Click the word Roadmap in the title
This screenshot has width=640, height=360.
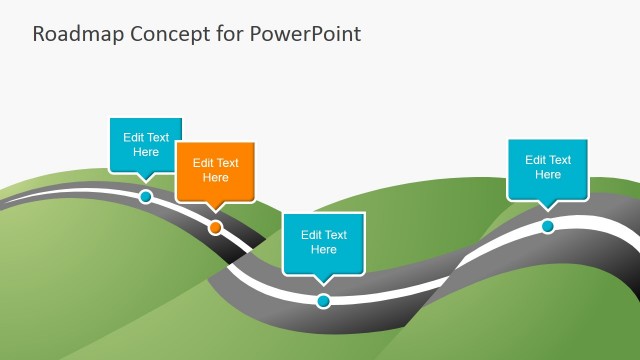point(71,34)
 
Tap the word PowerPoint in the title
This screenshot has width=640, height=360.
point(304,34)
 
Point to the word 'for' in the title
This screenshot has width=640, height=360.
point(225,34)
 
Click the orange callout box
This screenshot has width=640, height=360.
point(215,170)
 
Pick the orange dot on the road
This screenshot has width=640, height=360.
point(215,228)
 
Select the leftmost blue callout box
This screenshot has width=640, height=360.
point(145,145)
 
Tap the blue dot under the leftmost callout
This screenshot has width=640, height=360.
point(146,197)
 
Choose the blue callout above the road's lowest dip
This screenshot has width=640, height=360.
point(323,242)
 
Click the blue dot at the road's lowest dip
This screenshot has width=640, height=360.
point(323,301)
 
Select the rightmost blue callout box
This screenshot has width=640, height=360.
point(547,167)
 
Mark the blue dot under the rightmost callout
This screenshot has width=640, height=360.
point(548,226)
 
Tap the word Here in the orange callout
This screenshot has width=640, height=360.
point(215,178)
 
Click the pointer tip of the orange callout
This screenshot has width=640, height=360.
point(215,210)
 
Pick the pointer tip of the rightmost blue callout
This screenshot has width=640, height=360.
point(547,208)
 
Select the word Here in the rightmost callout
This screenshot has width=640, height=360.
point(547,175)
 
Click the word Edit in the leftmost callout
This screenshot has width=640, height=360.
point(134,138)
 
